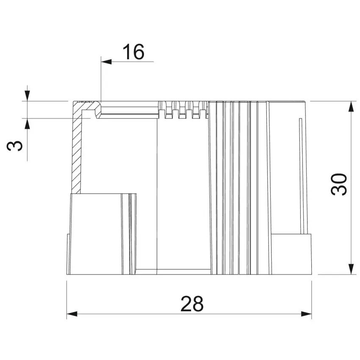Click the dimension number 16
(133, 52)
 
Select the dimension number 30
(339, 185)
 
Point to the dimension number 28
(192, 304)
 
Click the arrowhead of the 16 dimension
(106, 61)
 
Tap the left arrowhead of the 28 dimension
(72, 314)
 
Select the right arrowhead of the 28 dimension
(306, 314)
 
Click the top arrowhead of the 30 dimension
(351, 106)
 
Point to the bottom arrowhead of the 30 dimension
(351, 269)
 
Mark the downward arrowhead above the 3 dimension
(28, 96)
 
